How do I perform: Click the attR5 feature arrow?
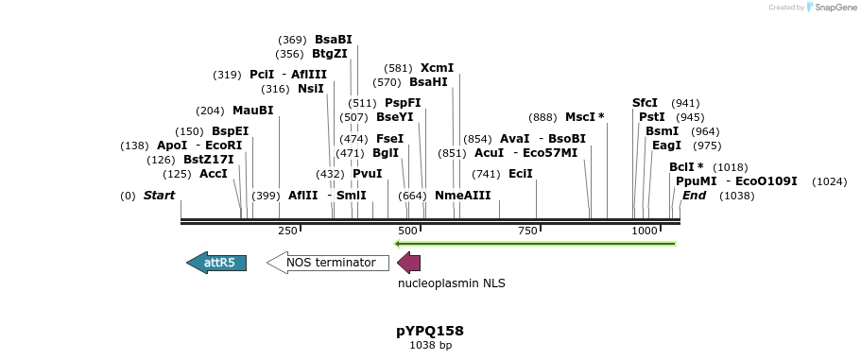[x=217, y=263]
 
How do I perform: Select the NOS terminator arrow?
[x=329, y=263]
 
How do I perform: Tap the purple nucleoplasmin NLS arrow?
[x=408, y=263]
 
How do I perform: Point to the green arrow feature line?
[x=535, y=244]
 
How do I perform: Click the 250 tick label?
[x=287, y=231]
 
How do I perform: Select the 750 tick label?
[x=526, y=231]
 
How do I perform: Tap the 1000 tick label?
[x=645, y=231]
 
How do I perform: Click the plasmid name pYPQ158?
[x=430, y=331]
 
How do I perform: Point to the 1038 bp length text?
[x=430, y=346]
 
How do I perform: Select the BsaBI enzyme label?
[x=333, y=40]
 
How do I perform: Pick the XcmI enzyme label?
[x=437, y=68]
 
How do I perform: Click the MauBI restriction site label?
[x=252, y=111]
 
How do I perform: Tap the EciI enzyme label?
[x=521, y=174]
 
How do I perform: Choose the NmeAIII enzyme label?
[x=462, y=196]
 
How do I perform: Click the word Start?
[x=159, y=196]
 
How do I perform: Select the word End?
[x=694, y=196]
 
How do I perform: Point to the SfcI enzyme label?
[x=645, y=103]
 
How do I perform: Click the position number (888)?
[x=542, y=117]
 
